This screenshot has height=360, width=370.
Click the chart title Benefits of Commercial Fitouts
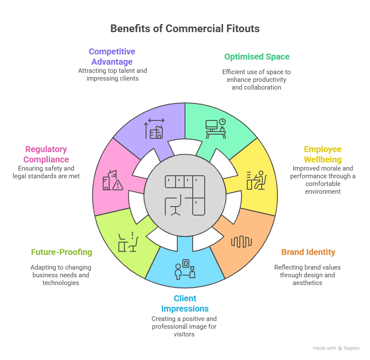pos(185,29)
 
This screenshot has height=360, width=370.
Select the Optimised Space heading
pos(257,57)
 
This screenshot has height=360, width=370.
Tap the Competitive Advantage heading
pos(112,57)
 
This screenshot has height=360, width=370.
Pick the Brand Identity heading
pos(308,252)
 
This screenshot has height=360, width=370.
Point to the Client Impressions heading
pos(185,303)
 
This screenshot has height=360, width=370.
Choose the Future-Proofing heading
pos(61,252)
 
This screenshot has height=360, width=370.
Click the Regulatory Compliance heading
pos(46,154)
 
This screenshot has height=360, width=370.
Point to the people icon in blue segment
pos(185,269)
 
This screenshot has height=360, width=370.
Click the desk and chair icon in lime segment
pos(128,242)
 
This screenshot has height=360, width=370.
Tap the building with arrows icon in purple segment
pos(155,129)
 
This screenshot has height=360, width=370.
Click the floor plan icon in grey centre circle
pos(185,195)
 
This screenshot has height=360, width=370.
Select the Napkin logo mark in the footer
pos(340,348)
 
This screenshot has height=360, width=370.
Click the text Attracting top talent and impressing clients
pos(112,75)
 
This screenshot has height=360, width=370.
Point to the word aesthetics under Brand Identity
pos(308,283)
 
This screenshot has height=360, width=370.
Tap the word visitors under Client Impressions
pos(184,334)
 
